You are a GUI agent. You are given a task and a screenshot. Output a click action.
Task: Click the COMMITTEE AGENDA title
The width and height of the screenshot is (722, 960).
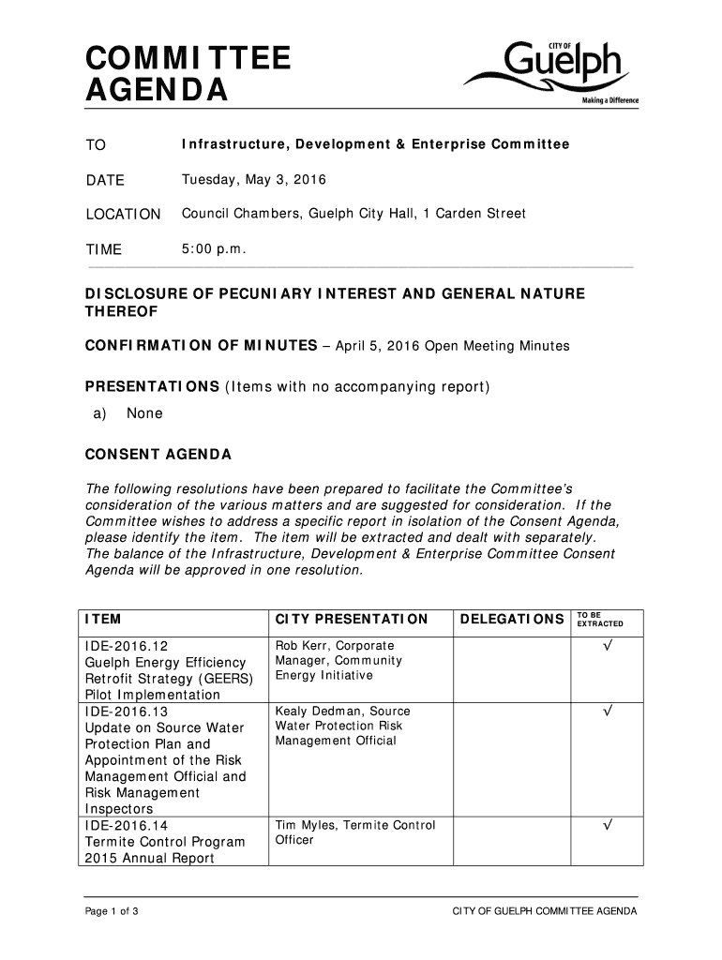188,76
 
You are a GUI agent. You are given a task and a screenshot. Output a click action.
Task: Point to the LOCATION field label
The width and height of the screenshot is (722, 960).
123,215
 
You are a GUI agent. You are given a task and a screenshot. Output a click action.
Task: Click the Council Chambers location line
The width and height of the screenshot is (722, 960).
353,214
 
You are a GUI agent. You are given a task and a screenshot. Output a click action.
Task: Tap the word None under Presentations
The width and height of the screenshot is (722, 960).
144,413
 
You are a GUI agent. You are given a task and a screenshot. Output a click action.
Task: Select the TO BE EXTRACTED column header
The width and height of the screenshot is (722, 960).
599,620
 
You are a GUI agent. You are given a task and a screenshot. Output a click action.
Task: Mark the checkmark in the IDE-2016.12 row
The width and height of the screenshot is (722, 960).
608,647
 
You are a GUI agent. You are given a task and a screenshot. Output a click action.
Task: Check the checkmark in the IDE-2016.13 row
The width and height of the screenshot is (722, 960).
608,712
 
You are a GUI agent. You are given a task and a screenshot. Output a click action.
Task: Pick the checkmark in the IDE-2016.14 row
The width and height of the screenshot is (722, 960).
608,826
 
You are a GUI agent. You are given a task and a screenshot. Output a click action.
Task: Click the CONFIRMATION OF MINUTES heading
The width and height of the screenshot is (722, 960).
201,346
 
